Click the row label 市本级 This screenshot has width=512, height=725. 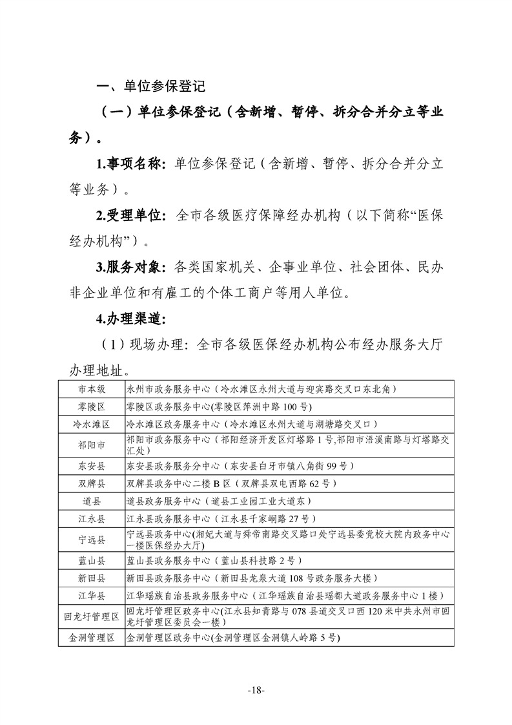pyautogui.click(x=92, y=389)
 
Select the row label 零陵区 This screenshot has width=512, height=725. pyautogui.click(x=92, y=406)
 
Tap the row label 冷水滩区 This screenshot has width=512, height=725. pyautogui.click(x=92, y=425)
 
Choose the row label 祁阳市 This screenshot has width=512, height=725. pyautogui.click(x=92, y=445)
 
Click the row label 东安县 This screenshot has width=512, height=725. pyautogui.click(x=92, y=466)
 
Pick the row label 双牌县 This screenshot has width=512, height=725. pyautogui.click(x=92, y=483)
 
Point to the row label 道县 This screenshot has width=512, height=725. pyautogui.click(x=92, y=501)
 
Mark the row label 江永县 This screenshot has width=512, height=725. pyautogui.click(x=92, y=518)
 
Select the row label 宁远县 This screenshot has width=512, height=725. pyautogui.click(x=92, y=539)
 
